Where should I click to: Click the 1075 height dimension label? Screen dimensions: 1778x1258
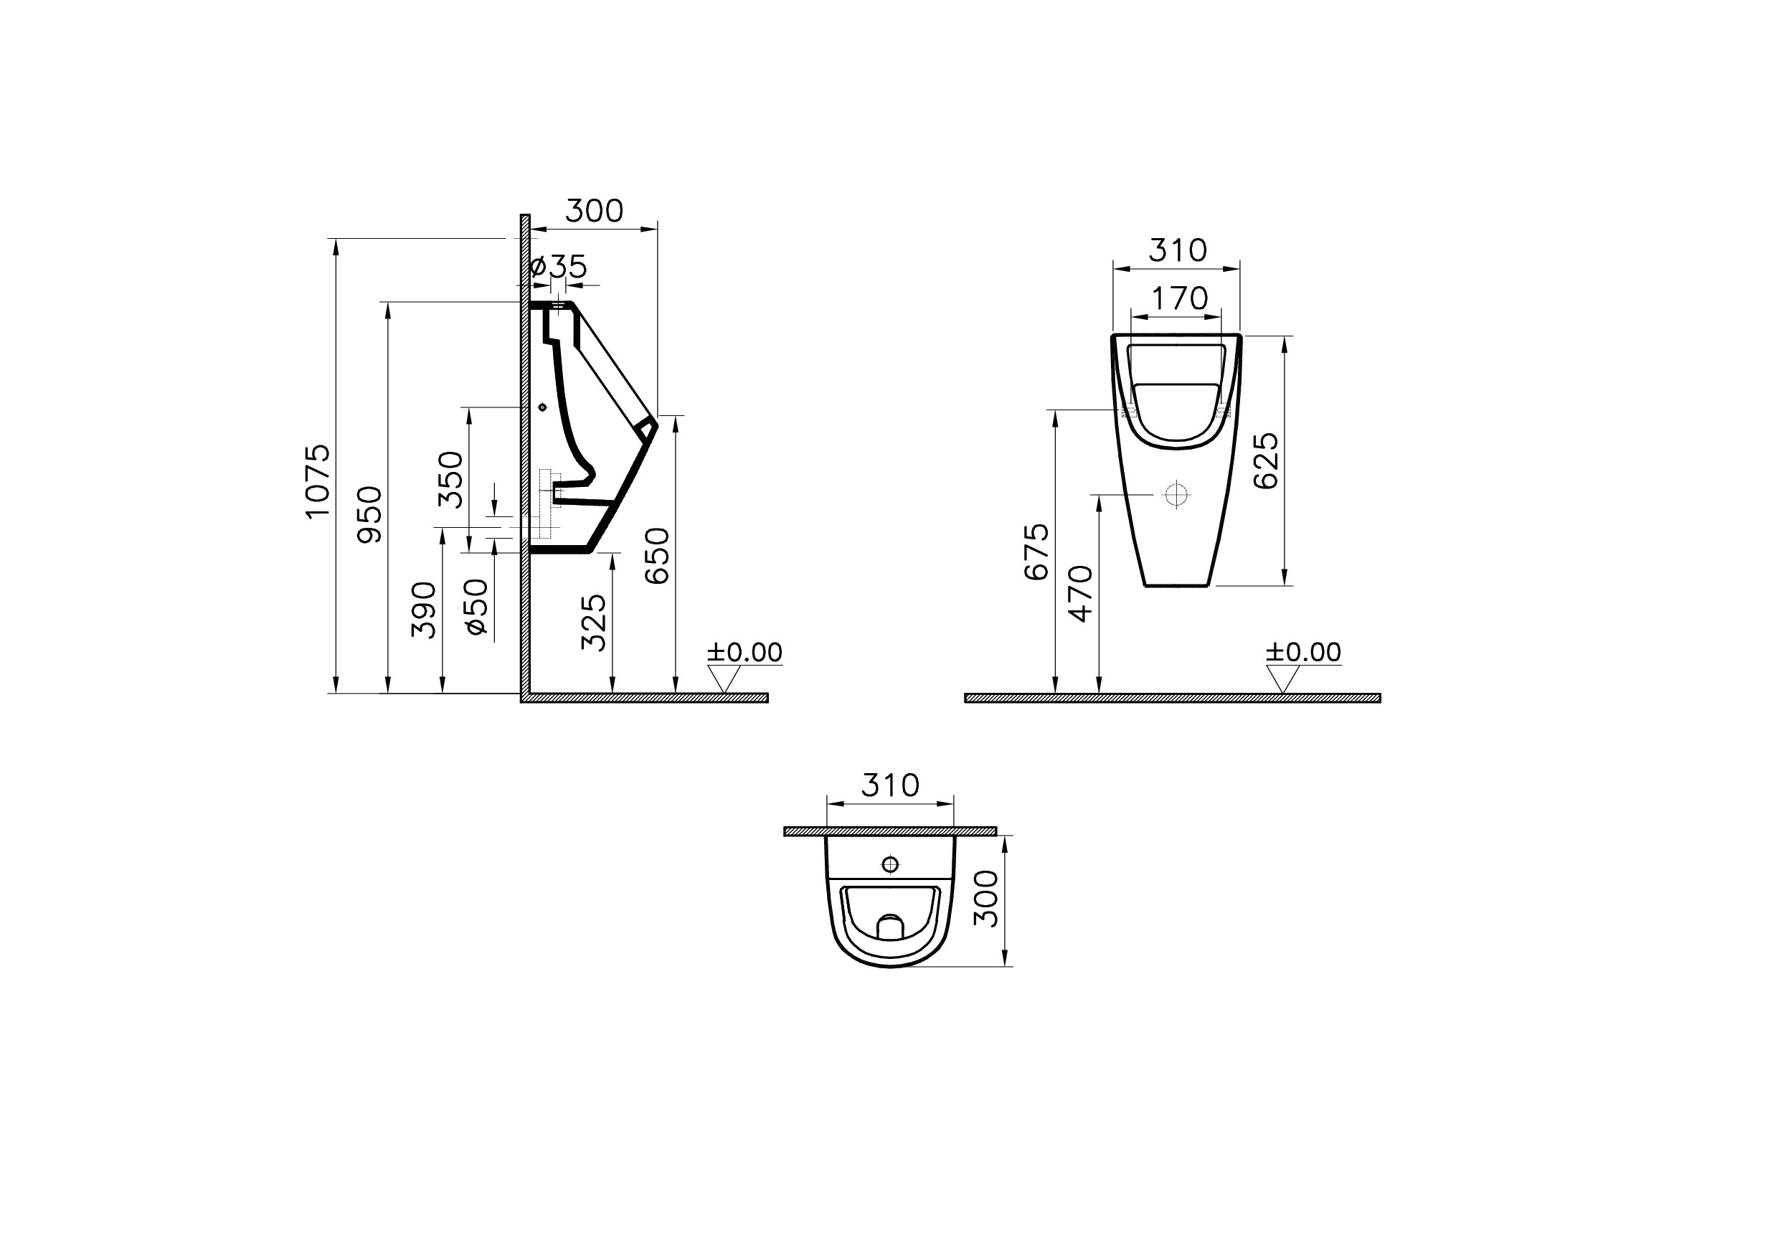[x=318, y=481]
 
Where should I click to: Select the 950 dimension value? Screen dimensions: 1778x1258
[x=369, y=514]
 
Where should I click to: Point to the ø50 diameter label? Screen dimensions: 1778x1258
[x=478, y=608]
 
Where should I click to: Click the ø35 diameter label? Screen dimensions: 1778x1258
[x=558, y=267]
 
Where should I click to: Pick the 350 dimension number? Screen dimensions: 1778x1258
[x=451, y=480]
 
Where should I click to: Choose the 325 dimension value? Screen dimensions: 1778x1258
[x=594, y=622]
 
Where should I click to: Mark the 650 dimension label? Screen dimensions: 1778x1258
[x=657, y=555]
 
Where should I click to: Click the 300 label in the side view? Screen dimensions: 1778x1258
[x=594, y=211]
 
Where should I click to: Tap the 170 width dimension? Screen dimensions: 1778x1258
[x=1180, y=298]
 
